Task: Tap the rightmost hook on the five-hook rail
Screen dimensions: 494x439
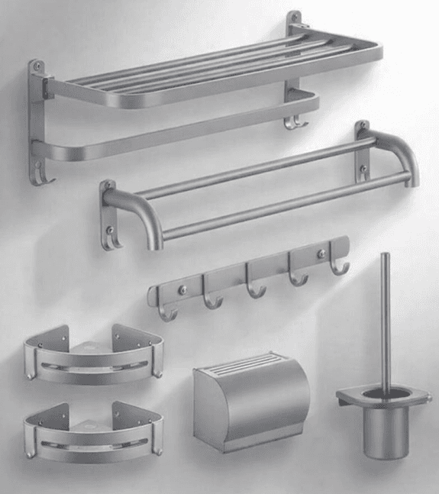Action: (340, 267)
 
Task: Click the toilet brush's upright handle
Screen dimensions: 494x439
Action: (385, 321)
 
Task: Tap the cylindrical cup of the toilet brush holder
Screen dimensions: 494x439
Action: (385, 431)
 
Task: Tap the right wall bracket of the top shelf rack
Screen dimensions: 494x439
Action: (294, 31)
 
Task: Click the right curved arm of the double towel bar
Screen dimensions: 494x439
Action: (401, 153)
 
